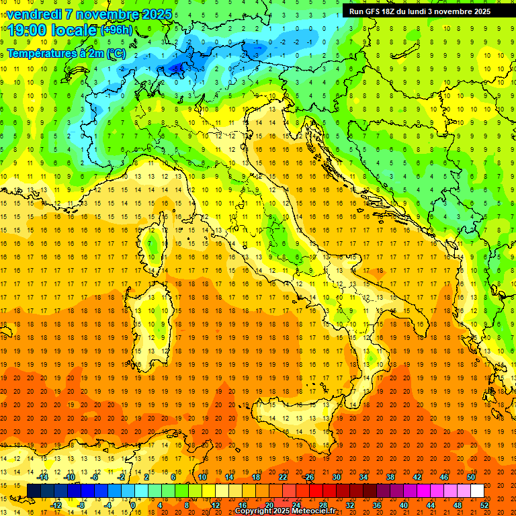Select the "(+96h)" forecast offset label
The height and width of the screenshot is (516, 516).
pos(117,30)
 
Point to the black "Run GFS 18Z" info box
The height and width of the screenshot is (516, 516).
pos(420,11)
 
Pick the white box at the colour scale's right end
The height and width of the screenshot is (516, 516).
pos(477,490)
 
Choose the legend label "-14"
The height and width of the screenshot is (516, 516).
pos(44,477)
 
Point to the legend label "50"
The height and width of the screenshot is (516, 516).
pos(471,477)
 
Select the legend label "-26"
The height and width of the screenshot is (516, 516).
pos(308,477)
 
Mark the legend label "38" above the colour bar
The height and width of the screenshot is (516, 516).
pos(390,477)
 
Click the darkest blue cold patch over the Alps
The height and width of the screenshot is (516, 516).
pos(177,67)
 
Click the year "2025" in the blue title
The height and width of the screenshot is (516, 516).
pos(152,14)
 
